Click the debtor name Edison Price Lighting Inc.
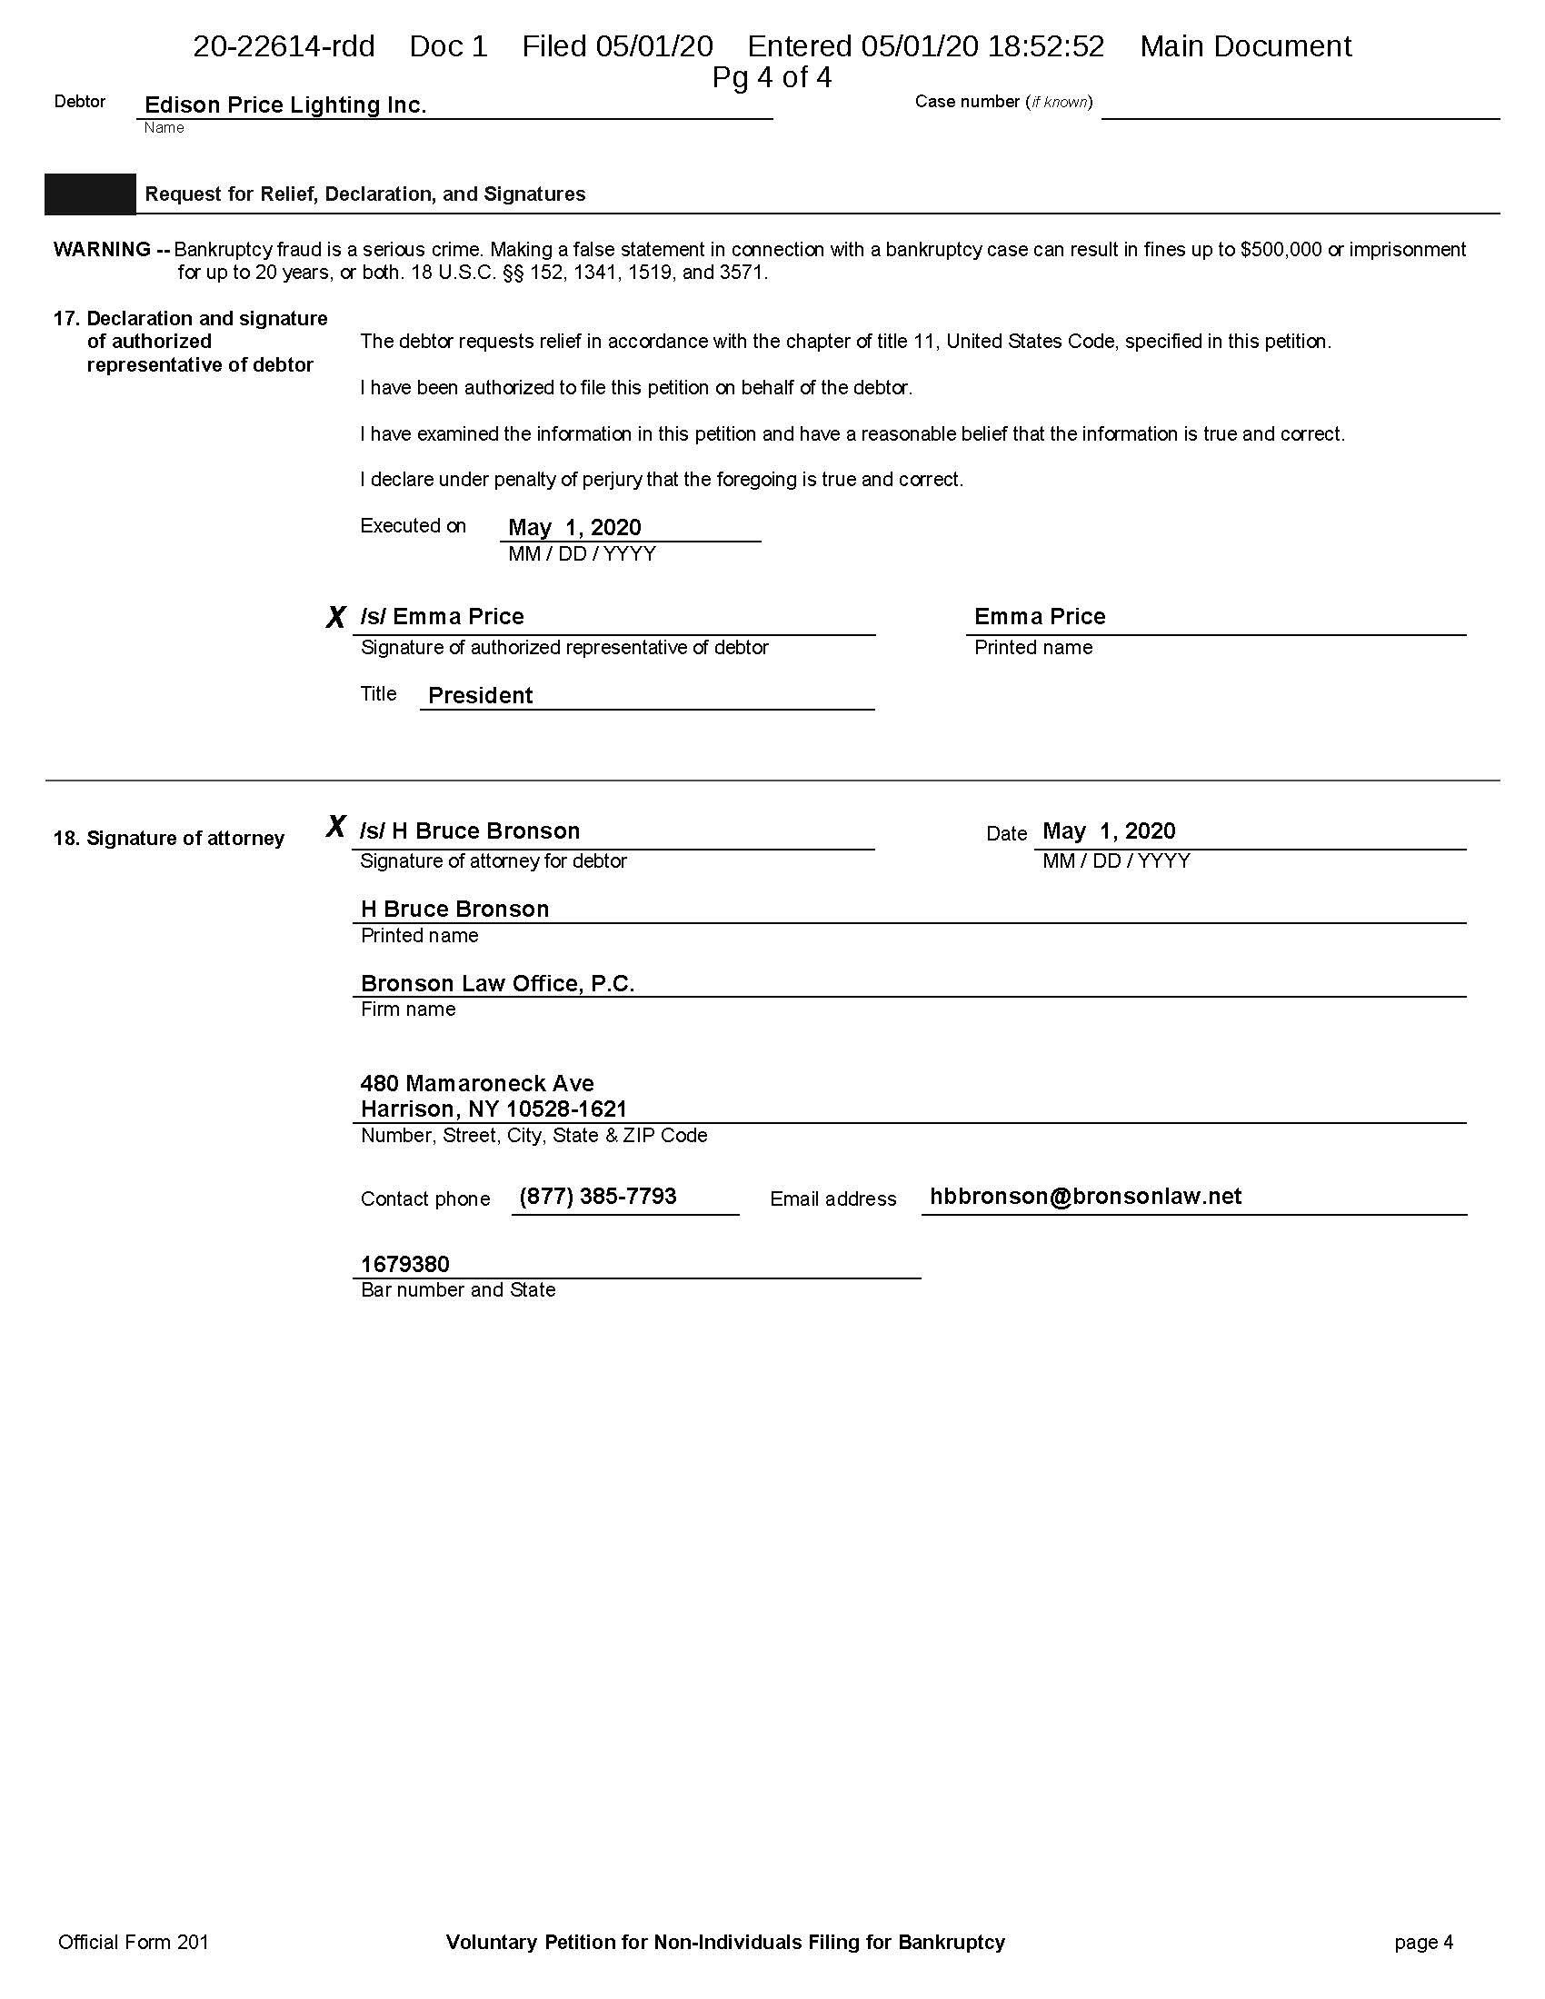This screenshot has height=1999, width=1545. tap(285, 105)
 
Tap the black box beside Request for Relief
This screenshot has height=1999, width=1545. tap(90, 194)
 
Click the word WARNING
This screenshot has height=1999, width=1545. tap(102, 250)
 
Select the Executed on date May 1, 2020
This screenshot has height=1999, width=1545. tap(573, 527)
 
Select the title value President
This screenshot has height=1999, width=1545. tap(480, 696)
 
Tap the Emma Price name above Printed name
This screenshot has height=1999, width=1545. tap(1039, 617)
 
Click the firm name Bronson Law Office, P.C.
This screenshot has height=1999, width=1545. tap(497, 983)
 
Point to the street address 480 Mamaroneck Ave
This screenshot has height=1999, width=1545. tap(477, 1084)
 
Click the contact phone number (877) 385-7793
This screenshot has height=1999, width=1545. tap(597, 1197)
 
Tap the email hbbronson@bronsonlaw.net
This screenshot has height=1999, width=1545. tap(1084, 1197)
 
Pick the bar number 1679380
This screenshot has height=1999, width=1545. tap(404, 1264)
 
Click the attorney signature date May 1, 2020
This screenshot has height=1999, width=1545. tap(1109, 831)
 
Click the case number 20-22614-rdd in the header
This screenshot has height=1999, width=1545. tap(284, 46)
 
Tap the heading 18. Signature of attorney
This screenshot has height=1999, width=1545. tap(168, 839)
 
